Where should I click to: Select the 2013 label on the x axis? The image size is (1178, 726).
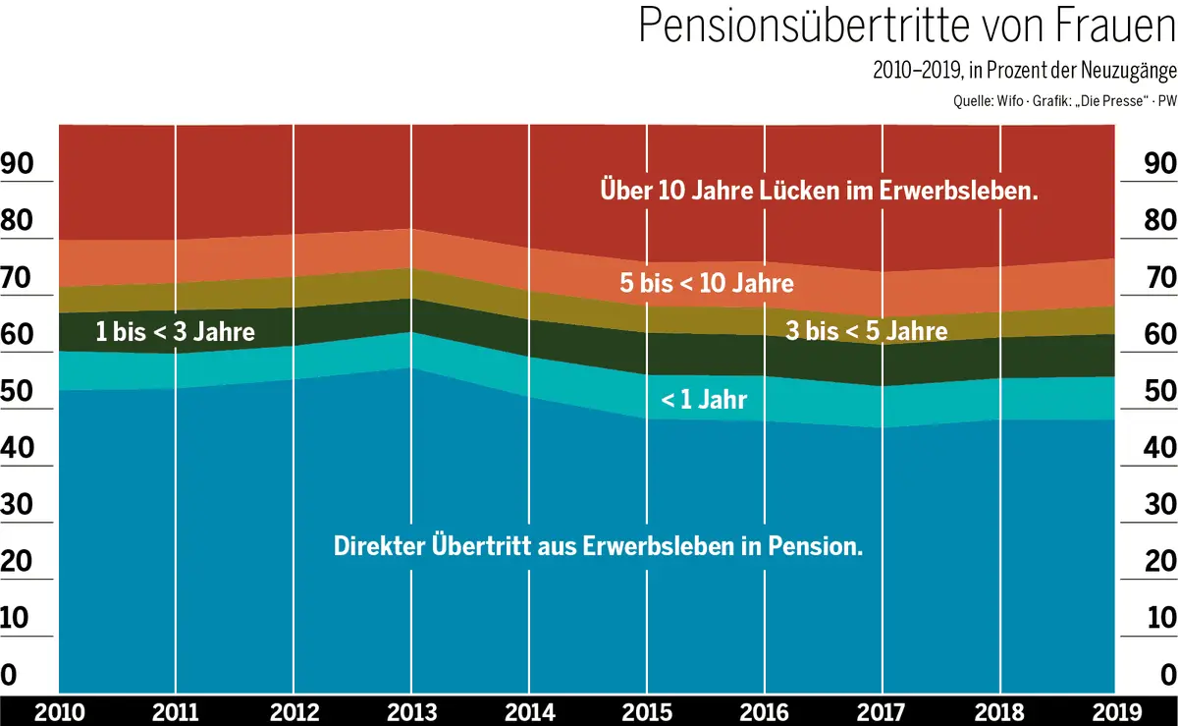click(x=412, y=710)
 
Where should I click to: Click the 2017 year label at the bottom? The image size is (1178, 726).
click(x=883, y=710)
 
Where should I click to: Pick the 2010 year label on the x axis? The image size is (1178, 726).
click(x=59, y=710)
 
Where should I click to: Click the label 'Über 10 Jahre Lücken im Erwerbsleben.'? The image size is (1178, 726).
click(x=820, y=191)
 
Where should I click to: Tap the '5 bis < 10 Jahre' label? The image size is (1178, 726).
click(x=707, y=285)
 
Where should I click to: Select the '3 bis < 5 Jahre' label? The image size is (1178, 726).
click(x=867, y=331)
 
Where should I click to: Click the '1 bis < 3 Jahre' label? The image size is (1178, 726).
click(x=175, y=332)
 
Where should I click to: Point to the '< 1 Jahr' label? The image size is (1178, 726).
click(x=704, y=400)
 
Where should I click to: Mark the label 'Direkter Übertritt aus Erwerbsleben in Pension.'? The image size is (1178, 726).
click(x=599, y=546)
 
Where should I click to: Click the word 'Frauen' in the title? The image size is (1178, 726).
click(x=1106, y=27)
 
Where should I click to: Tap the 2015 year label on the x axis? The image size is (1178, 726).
click(x=647, y=710)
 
